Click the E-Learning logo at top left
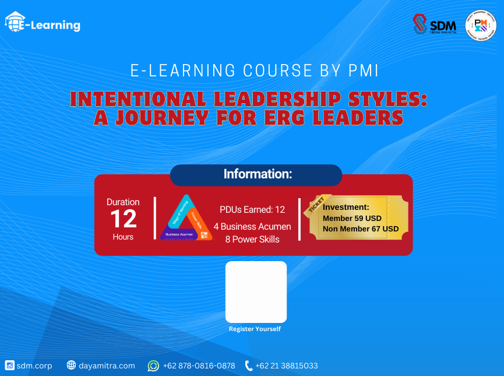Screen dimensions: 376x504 click(43, 24)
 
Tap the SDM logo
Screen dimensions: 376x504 click(435, 24)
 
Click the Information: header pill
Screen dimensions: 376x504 click(256, 174)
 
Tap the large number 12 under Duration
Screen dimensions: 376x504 click(123, 219)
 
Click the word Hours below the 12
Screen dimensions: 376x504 click(123, 237)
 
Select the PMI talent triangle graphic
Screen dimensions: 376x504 click(185, 219)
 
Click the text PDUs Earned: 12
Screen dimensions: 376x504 click(252, 210)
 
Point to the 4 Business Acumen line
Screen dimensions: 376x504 click(252, 226)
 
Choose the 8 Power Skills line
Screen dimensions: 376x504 click(252, 239)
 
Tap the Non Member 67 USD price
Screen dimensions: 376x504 click(361, 229)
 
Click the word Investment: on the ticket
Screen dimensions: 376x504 click(346, 207)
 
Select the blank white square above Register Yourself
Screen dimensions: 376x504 click(256, 291)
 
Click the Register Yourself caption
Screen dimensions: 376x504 click(255, 329)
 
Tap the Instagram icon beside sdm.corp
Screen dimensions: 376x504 click(9, 366)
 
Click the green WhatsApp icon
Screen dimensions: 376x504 click(153, 366)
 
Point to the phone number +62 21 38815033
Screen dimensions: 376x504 click(287, 366)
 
